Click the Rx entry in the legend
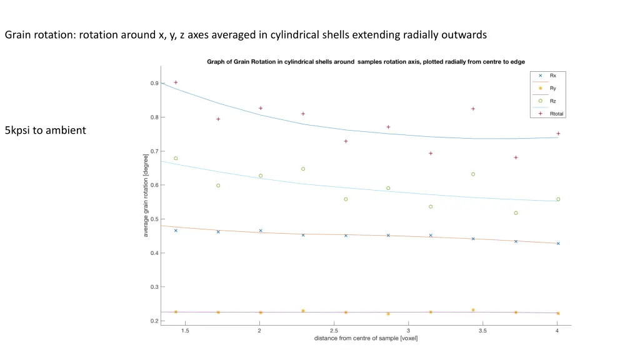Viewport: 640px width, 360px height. [552, 76]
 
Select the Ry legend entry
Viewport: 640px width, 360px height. [552, 88]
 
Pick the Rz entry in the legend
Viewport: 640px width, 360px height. [552, 101]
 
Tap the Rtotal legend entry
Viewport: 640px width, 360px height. [556, 114]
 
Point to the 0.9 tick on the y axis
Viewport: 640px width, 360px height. [154, 83]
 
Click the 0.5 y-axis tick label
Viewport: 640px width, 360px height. [154, 219]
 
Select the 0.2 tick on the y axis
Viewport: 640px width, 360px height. [154, 321]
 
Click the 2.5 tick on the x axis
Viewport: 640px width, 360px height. [334, 331]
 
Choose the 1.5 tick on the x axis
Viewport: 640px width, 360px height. [185, 331]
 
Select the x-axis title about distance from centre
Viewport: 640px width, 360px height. [366, 339]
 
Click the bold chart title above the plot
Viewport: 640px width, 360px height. [366, 61]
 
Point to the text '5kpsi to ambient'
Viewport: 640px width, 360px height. [45, 131]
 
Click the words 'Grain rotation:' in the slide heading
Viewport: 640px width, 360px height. [39, 35]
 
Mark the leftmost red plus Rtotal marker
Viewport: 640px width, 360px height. [176, 82]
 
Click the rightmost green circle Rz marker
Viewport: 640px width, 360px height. [558, 199]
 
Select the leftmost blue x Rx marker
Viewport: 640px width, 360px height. [176, 231]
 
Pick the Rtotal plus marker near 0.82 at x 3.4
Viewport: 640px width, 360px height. [473, 109]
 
